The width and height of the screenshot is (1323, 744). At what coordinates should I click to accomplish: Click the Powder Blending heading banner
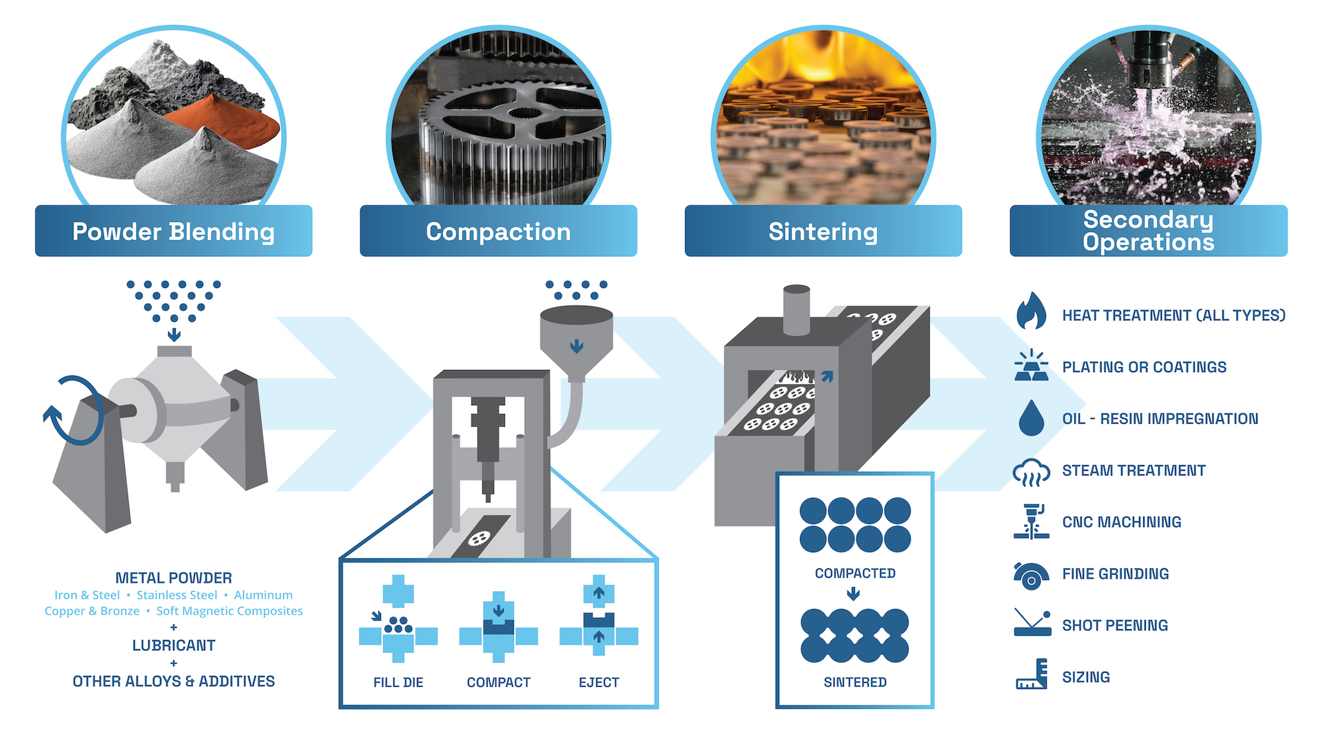click(x=174, y=231)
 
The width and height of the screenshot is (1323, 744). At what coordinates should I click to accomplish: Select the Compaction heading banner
click(x=498, y=231)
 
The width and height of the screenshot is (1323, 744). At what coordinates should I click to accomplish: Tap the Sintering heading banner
click(x=823, y=231)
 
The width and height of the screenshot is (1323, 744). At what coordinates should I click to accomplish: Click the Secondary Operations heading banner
click(x=1148, y=231)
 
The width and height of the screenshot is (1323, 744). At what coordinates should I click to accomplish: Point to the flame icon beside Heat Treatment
click(x=1031, y=311)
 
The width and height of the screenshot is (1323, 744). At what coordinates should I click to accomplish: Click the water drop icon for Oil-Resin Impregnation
click(x=1031, y=418)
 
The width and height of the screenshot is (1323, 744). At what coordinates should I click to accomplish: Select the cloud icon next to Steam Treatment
click(x=1031, y=473)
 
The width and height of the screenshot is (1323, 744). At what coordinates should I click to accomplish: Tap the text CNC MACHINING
click(x=1121, y=522)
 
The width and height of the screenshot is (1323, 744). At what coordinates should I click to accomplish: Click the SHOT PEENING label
click(x=1114, y=626)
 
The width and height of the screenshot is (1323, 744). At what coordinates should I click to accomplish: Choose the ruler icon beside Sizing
click(x=1032, y=674)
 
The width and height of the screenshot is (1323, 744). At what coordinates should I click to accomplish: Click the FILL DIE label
click(x=398, y=683)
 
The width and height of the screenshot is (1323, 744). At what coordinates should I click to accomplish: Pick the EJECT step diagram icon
click(x=599, y=619)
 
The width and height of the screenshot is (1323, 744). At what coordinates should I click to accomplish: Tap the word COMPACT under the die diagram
click(x=498, y=683)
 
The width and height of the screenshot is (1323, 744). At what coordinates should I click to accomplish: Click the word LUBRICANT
click(x=174, y=645)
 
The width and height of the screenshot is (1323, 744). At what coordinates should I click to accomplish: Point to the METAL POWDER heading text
click(x=174, y=578)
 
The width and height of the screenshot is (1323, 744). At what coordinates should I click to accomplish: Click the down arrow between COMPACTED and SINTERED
click(x=853, y=594)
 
